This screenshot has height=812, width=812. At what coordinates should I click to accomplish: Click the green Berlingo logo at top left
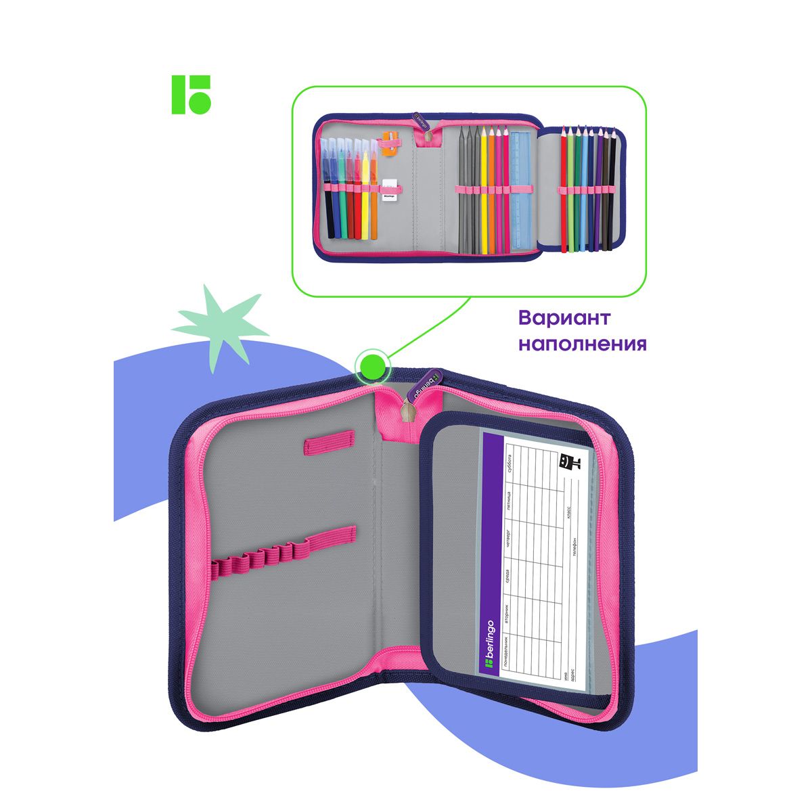pyautogui.click(x=191, y=94)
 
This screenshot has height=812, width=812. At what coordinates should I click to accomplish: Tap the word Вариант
pyautogui.click(x=564, y=318)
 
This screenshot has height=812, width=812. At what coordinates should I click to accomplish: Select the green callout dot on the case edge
pyautogui.click(x=371, y=366)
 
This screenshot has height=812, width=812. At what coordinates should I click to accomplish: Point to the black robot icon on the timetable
pyautogui.click(x=568, y=464)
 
